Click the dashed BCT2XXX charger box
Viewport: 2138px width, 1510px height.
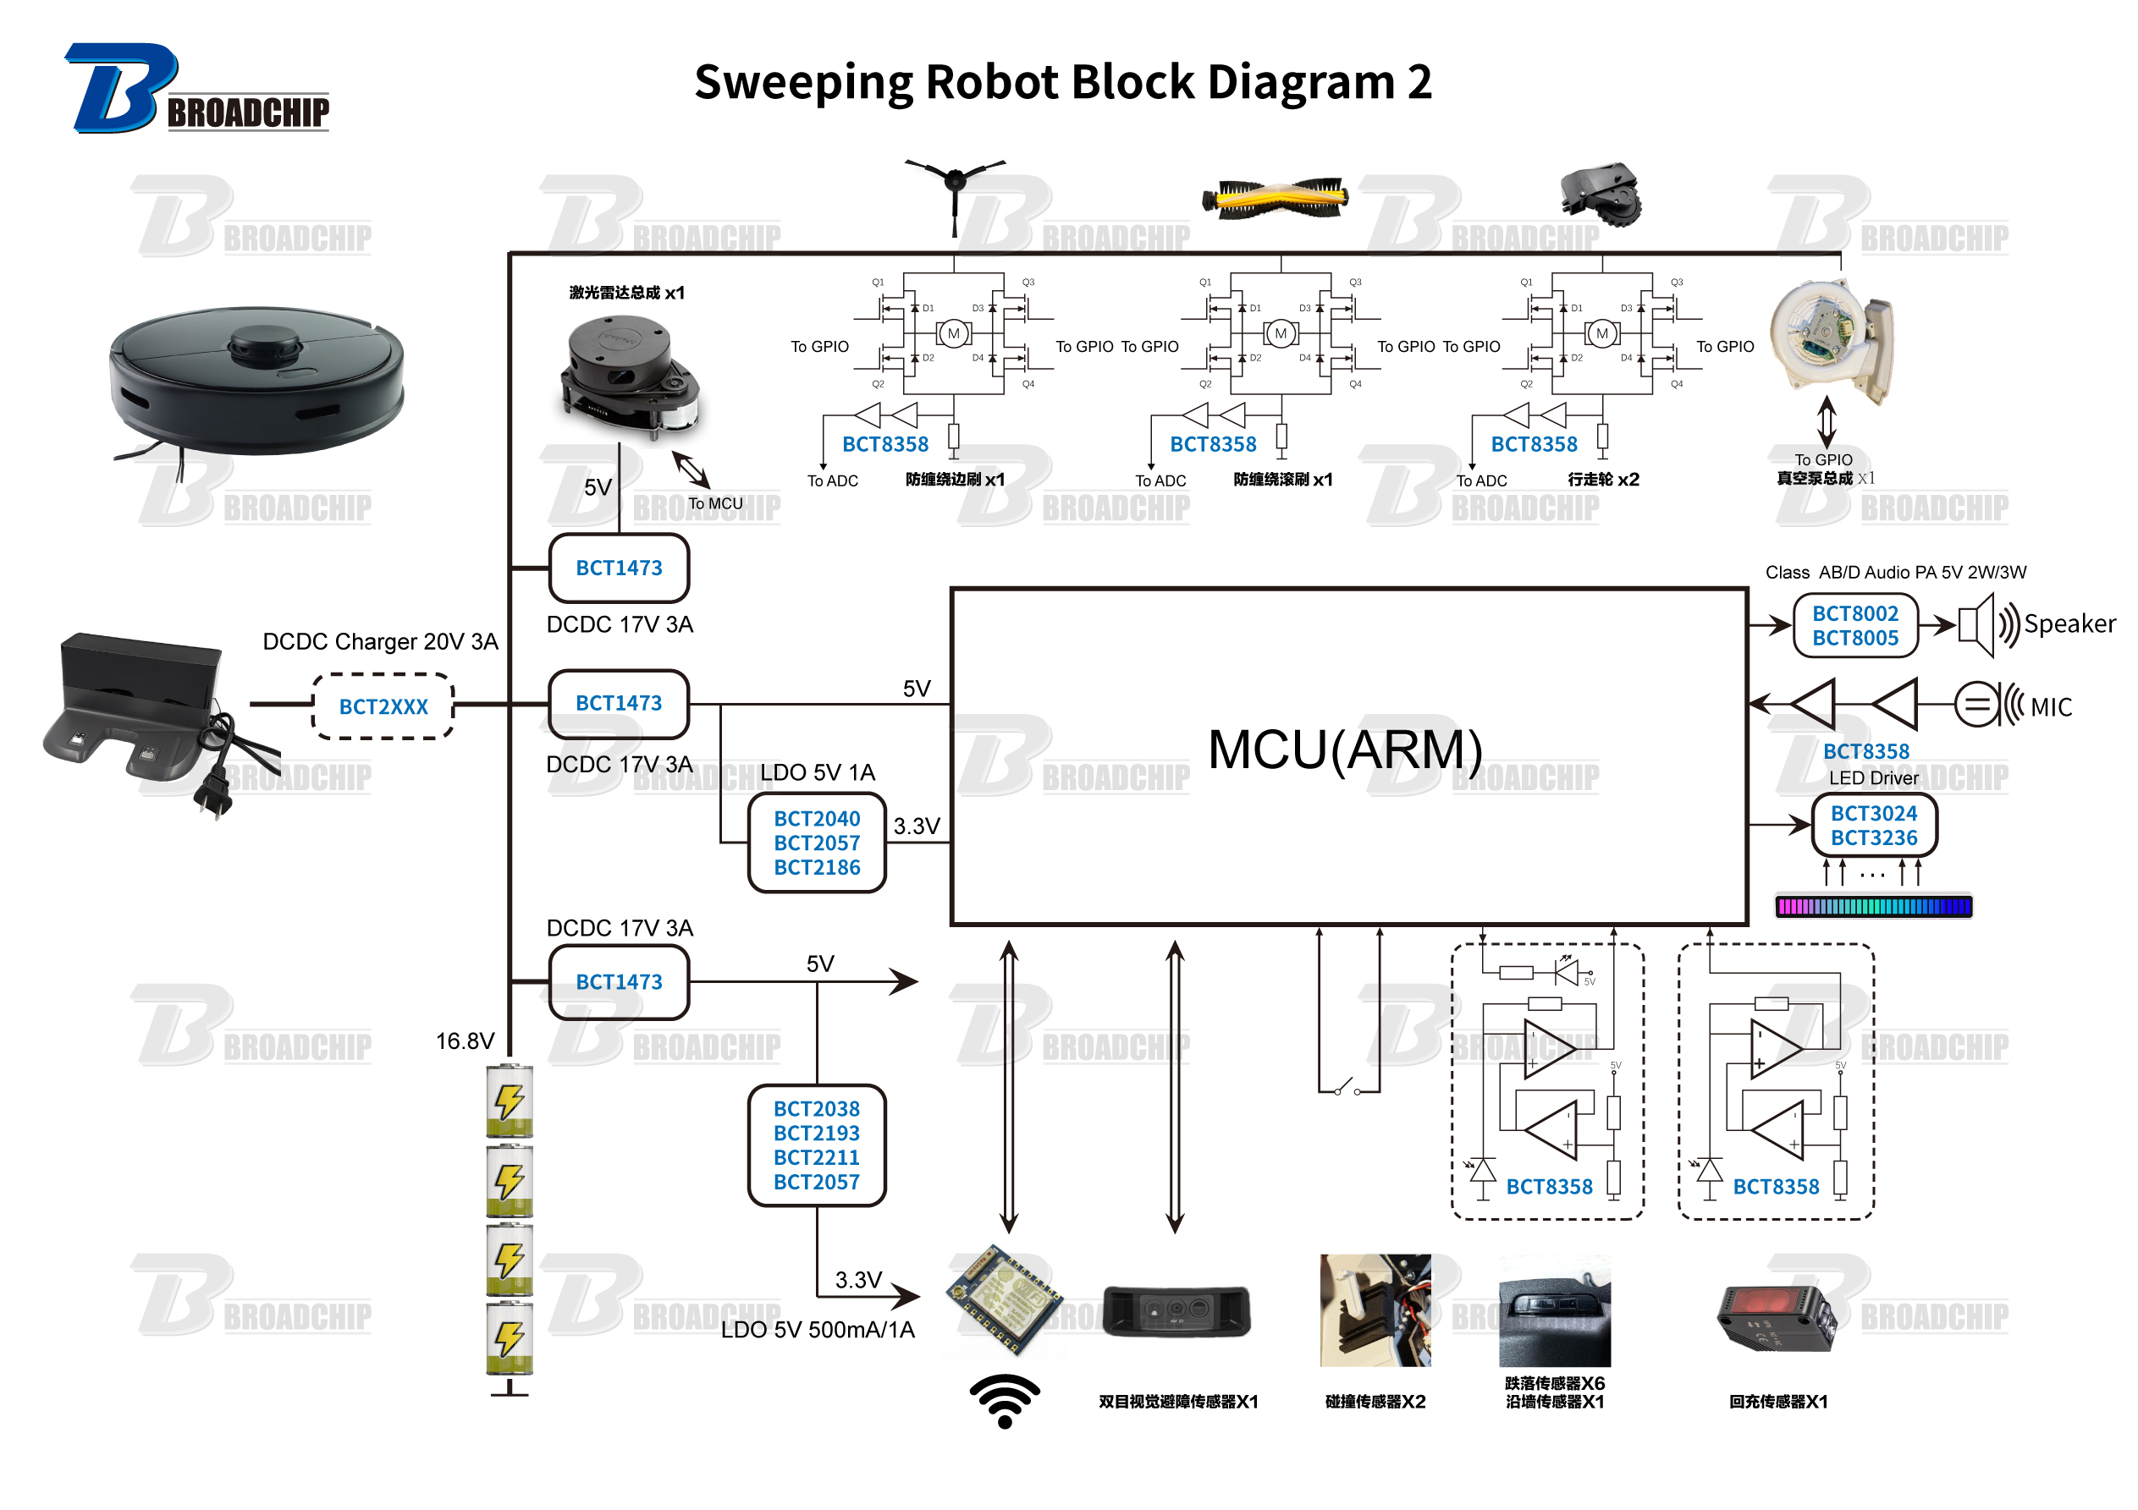click(383, 706)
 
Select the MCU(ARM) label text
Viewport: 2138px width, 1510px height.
click(1344, 750)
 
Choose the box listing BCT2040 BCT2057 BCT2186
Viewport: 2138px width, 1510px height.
click(817, 843)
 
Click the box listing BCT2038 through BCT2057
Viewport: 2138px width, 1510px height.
click(817, 1145)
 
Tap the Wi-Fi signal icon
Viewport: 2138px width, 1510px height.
click(1004, 1399)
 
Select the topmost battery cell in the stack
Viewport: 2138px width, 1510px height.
click(510, 1101)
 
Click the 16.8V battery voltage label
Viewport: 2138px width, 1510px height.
click(465, 1041)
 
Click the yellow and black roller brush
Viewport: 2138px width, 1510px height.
click(1275, 197)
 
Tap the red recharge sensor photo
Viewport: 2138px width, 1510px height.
click(1776, 1316)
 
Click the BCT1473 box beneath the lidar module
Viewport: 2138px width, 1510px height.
click(619, 568)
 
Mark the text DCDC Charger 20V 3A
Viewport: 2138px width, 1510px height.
click(380, 641)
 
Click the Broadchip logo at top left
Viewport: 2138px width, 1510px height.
click(196, 90)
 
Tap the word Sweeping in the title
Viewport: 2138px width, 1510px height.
click(802, 82)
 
